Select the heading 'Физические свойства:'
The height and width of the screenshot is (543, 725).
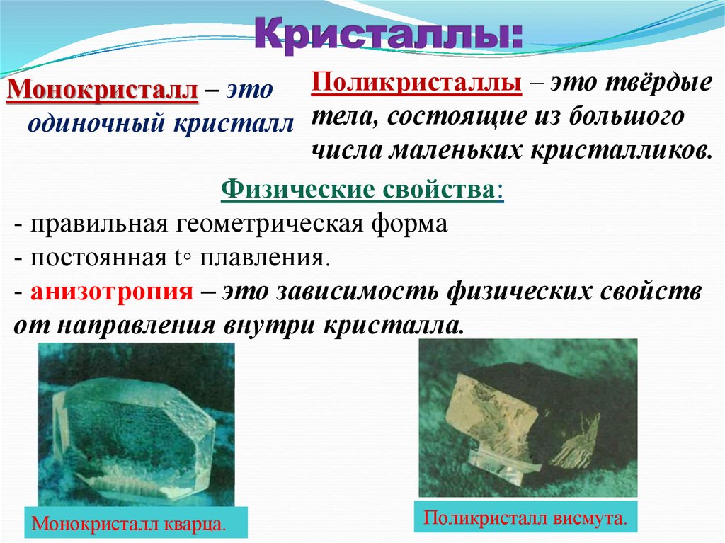coord(362,191)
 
